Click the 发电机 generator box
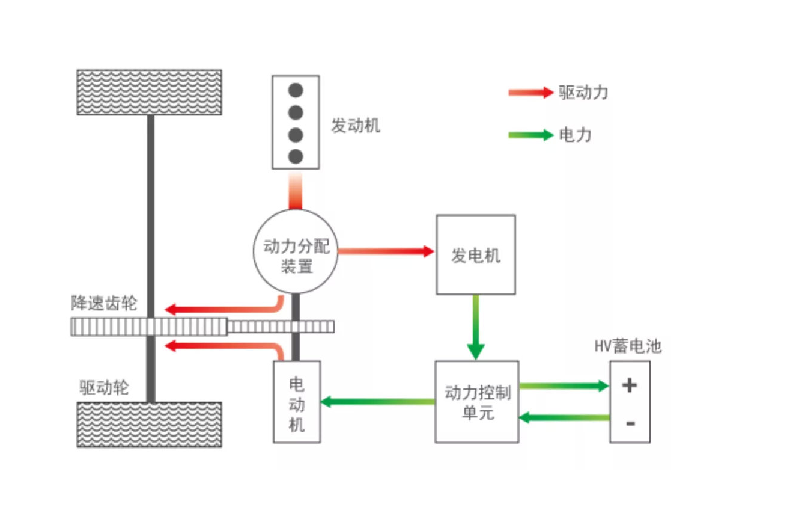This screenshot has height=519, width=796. pos(475,255)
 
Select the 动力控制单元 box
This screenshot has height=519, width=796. pos(476,402)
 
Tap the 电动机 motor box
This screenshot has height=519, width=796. pos(297,402)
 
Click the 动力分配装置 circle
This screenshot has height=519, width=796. pos(296,252)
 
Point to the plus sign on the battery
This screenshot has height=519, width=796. pos(629,385)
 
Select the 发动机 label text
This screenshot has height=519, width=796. pos(356,126)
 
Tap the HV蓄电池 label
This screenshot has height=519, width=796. pos(628,346)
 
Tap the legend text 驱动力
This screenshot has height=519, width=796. pos(583,92)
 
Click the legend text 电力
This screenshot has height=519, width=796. pos(575,135)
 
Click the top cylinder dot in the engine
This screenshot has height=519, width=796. pos(296,90)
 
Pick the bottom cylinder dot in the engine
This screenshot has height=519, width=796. pos(296,156)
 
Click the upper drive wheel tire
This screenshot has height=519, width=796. pos(149,92)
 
